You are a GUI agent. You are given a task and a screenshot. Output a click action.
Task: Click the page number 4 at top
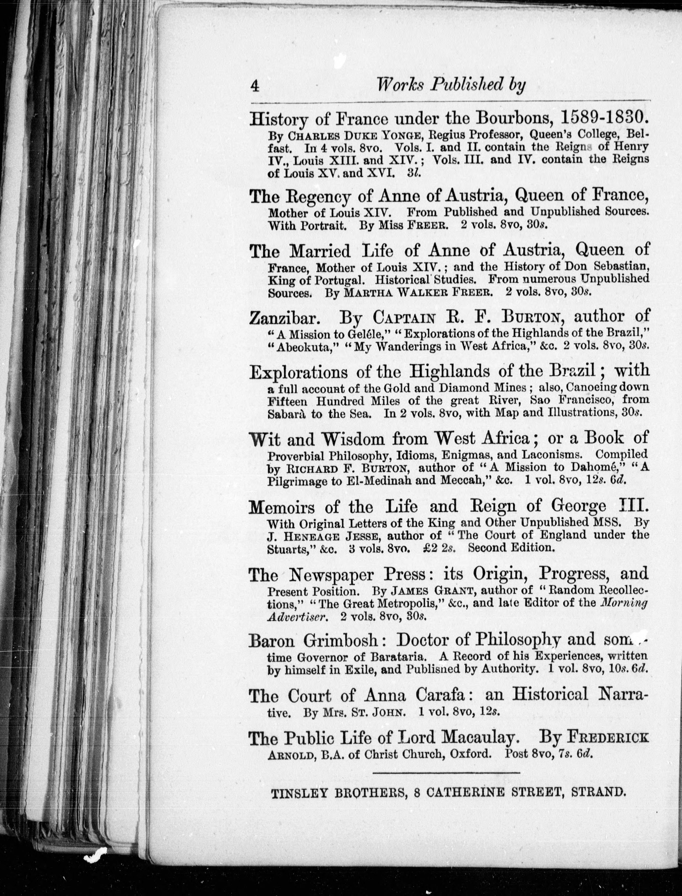(255, 86)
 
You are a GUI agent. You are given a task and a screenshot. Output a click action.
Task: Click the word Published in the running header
(465, 85)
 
